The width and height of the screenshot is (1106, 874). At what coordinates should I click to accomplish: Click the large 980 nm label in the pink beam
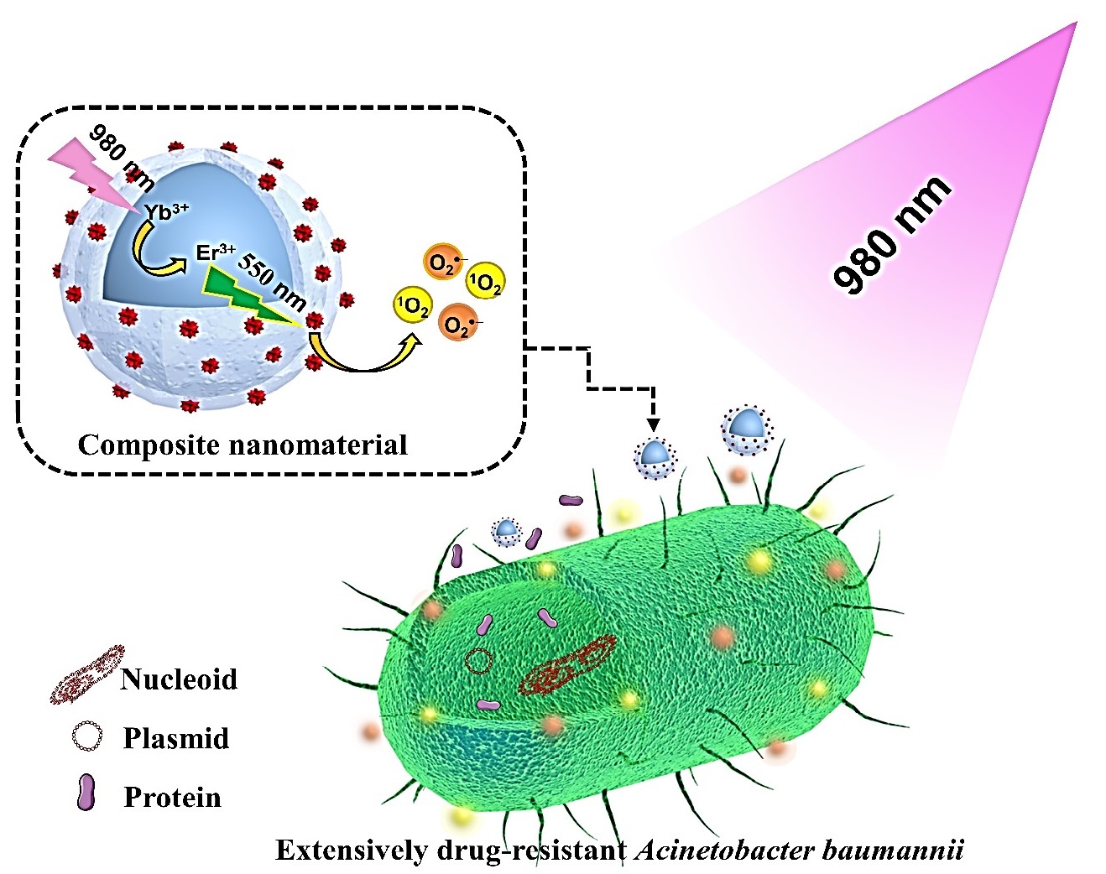[892, 236]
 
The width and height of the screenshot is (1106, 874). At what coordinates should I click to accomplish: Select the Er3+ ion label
[215, 252]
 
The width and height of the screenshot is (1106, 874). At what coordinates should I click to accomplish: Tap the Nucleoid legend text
[179, 679]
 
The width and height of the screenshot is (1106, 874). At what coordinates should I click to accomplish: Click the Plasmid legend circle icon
[87, 737]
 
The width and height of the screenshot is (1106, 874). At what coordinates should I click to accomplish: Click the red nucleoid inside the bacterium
[567, 668]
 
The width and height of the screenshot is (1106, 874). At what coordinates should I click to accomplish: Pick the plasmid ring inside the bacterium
[479, 661]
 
